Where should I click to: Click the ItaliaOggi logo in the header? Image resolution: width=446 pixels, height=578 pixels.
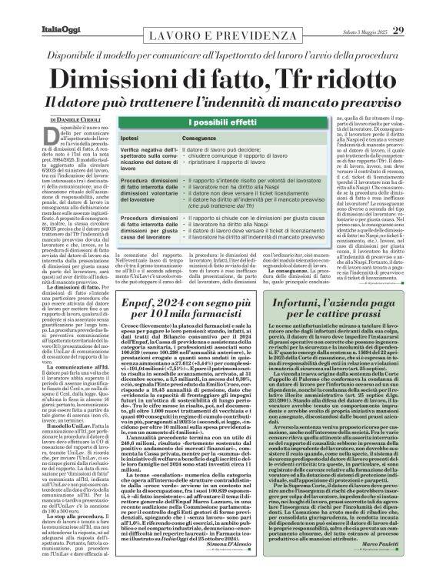(34, 9)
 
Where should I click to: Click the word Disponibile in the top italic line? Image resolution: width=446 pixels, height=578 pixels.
(98, 48)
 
